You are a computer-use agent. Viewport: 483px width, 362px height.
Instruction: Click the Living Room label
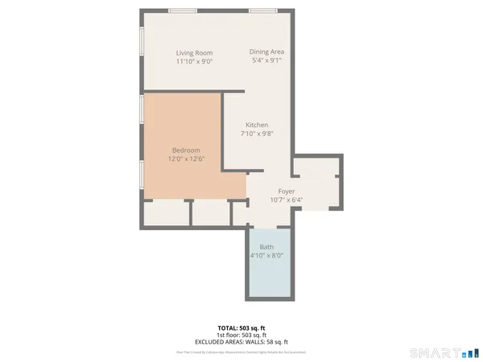click(194, 53)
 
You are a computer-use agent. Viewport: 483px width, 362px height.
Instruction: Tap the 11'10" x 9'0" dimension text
click(194, 62)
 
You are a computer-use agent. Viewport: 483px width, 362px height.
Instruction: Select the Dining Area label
click(267, 52)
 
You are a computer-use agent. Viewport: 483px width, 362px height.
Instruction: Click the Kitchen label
click(257, 125)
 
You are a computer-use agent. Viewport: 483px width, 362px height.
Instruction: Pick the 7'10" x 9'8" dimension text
click(257, 134)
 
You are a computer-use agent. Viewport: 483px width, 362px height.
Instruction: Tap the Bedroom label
click(186, 150)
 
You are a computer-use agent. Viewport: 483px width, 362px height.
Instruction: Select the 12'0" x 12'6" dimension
click(186, 159)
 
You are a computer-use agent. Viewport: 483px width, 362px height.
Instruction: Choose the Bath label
click(266, 247)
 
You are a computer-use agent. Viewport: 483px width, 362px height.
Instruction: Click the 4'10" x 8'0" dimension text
click(266, 256)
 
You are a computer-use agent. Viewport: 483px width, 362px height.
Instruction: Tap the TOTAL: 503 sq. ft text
click(242, 328)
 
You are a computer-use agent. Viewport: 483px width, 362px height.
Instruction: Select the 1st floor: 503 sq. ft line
click(242, 335)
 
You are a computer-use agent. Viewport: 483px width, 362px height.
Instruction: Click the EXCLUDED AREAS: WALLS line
click(242, 342)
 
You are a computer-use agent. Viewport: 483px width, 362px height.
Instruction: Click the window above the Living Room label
click(183, 11)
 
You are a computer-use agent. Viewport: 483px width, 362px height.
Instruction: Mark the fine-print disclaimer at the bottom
click(242, 352)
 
